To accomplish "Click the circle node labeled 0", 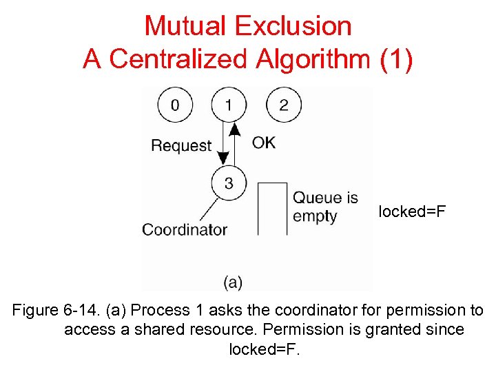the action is [x=175, y=105].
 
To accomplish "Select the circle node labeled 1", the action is [x=229, y=105].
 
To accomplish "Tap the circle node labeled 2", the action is [x=283, y=105].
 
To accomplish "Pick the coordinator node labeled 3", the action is [x=229, y=183].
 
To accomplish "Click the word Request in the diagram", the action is [x=181, y=145].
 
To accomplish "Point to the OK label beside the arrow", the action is [x=264, y=143].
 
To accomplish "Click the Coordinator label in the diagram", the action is [x=185, y=229].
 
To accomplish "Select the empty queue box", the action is [x=272, y=209].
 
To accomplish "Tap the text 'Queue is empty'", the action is [x=324, y=207].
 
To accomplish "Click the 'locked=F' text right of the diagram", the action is [x=412, y=211].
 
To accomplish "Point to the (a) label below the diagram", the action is [x=233, y=282].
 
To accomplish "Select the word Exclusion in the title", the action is [x=293, y=26].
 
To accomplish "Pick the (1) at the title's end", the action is [x=396, y=59].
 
